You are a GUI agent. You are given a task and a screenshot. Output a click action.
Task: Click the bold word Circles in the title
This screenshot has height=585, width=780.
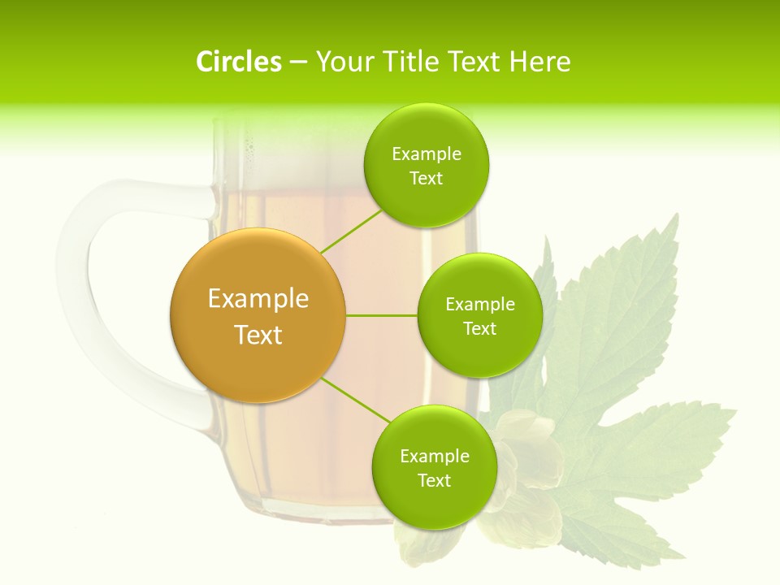pyautogui.click(x=238, y=62)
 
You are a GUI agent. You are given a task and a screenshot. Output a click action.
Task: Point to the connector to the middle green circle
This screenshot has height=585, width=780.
pyautogui.click(x=382, y=315)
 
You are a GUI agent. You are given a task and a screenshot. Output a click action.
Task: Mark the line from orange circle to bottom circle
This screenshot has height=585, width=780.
pyautogui.click(x=356, y=400)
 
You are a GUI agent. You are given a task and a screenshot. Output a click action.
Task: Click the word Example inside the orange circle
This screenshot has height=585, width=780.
pyautogui.click(x=258, y=299)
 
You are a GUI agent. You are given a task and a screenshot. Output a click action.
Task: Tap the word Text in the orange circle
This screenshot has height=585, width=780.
pyautogui.click(x=258, y=335)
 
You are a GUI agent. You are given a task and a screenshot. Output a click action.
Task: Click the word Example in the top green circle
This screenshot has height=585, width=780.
pyautogui.click(x=427, y=154)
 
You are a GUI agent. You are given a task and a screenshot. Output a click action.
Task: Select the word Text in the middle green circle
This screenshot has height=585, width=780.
pyautogui.click(x=479, y=328)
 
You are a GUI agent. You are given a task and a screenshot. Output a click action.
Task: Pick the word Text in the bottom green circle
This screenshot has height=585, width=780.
pyautogui.click(x=434, y=480)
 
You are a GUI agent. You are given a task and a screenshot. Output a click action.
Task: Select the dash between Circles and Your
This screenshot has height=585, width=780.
pyautogui.click(x=298, y=62)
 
